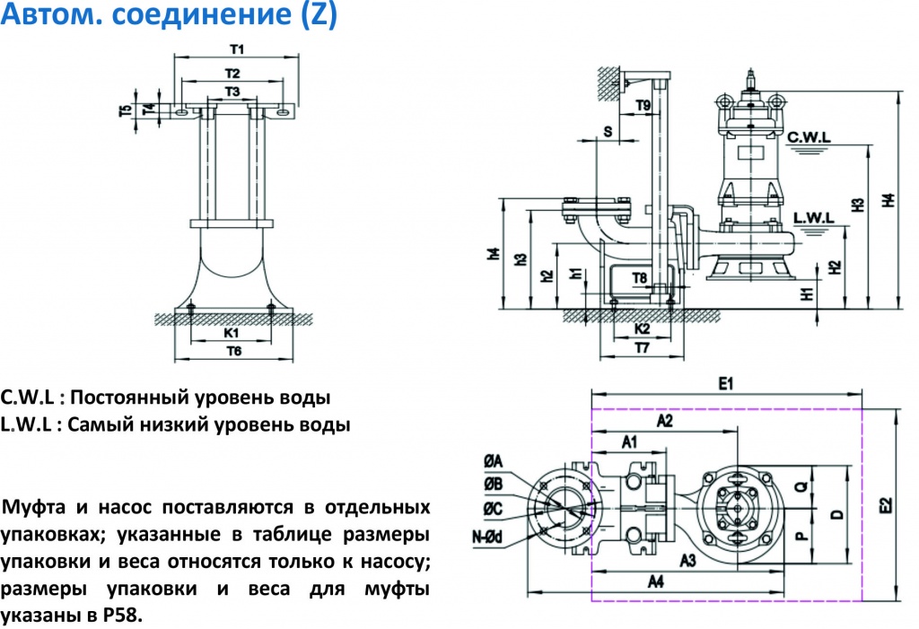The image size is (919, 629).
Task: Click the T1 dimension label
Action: pos(238,48)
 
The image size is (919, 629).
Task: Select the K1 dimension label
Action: pos(232,333)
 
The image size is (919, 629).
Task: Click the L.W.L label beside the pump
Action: pos(814,218)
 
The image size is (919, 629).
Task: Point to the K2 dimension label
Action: pos(642,329)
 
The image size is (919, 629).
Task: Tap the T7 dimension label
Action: pos(642,346)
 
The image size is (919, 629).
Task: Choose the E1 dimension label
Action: pos(727,385)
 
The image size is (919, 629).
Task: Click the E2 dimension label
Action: pos(887,505)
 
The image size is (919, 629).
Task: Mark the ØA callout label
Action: pos(493,460)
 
